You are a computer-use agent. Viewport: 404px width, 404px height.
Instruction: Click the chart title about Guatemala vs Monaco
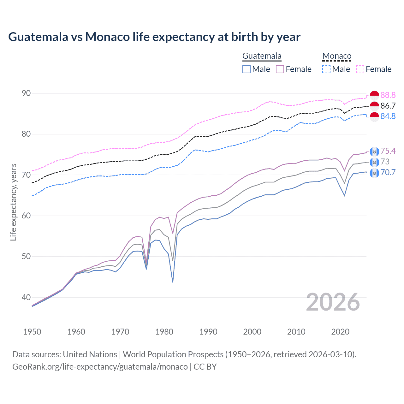coord(154,37)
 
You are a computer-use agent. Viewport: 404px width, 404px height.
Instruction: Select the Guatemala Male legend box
coord(247,69)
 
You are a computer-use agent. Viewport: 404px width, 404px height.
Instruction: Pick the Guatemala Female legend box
coord(280,69)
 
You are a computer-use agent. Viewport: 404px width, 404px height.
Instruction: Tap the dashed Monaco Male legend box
coord(326,69)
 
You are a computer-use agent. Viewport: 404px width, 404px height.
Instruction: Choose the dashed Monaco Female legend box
coord(360,69)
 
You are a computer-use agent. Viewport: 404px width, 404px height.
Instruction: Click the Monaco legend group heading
coord(337,56)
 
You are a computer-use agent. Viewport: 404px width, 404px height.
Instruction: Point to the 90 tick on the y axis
coord(27,93)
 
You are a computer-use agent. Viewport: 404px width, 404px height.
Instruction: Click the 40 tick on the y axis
coord(27,297)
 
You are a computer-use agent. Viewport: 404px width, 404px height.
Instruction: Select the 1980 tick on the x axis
coord(164,332)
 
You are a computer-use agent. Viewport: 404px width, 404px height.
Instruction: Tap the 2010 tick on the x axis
coord(296,332)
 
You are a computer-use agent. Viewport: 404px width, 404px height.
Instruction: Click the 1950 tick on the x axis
coord(33,332)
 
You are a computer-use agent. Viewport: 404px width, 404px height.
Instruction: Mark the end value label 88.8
coord(388,95)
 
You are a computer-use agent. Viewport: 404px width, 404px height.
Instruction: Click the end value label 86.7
coord(388,106)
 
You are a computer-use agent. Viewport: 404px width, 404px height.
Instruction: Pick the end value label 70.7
coord(388,172)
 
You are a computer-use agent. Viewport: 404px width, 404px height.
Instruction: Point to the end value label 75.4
coord(388,151)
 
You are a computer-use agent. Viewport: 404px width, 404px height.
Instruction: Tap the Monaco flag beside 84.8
coord(374,116)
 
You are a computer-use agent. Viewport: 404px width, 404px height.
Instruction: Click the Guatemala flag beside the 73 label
coord(374,162)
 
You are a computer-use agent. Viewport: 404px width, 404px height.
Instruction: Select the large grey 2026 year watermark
coord(333,302)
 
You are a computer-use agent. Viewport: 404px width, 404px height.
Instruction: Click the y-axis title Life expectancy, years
coord(14,202)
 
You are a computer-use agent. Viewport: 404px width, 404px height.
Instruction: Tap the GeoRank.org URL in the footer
coord(100,367)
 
